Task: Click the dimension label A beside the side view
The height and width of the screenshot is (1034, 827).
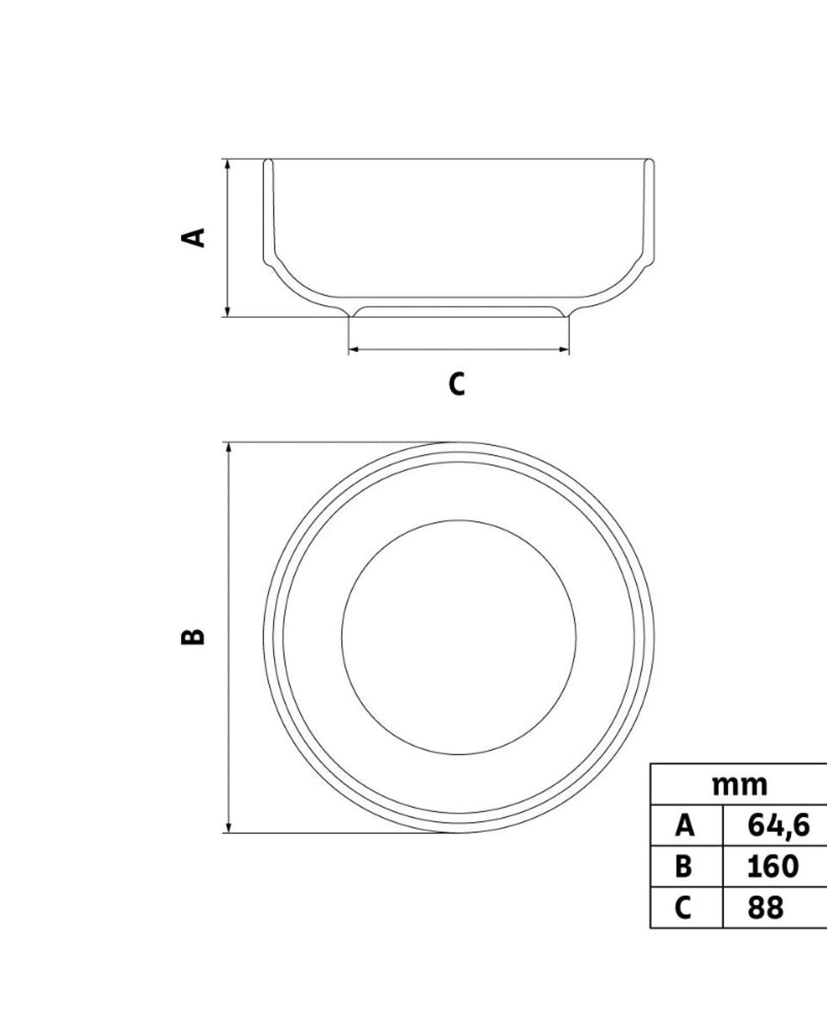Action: coord(193,237)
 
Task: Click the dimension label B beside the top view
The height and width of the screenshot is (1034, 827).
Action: coord(193,637)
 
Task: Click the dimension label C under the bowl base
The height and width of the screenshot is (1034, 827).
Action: coord(457,384)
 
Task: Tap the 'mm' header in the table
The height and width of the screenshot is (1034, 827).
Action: coord(739,785)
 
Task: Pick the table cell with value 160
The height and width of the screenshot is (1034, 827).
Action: coord(773,866)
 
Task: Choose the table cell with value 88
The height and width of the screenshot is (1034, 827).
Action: coord(765,907)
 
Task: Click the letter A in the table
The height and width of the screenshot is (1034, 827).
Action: coord(684,826)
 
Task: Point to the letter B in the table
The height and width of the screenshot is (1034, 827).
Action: coord(684,866)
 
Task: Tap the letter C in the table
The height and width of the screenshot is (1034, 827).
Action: coord(683,907)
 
